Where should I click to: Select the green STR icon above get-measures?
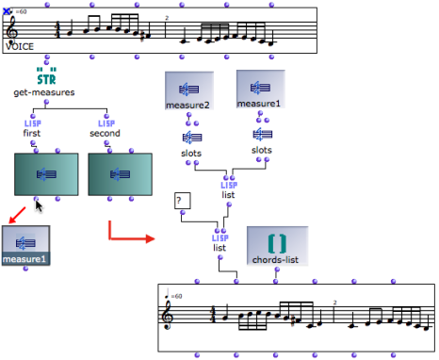(44, 74)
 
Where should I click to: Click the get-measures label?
(44, 92)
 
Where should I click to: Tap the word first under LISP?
(32, 133)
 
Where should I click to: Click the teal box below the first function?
(43, 173)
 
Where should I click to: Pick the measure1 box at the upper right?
(260, 90)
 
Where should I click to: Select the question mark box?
(183, 201)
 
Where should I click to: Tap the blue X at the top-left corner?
(8, 11)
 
